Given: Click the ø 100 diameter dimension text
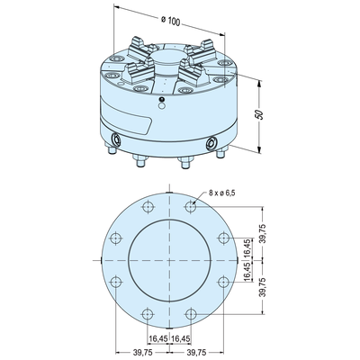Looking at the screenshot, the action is coord(170,21).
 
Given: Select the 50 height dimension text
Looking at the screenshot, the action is coord(259,114).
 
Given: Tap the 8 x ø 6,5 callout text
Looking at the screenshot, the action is coord(222,193).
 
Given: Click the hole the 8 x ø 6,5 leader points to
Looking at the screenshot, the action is coord(191,206).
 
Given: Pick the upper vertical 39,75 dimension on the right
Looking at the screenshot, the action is coord(263,234).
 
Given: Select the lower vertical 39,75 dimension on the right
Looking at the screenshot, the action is coord(263,287).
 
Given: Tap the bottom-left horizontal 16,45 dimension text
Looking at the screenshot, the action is coord(157,338).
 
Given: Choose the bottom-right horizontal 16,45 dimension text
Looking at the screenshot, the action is coord(181,338).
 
